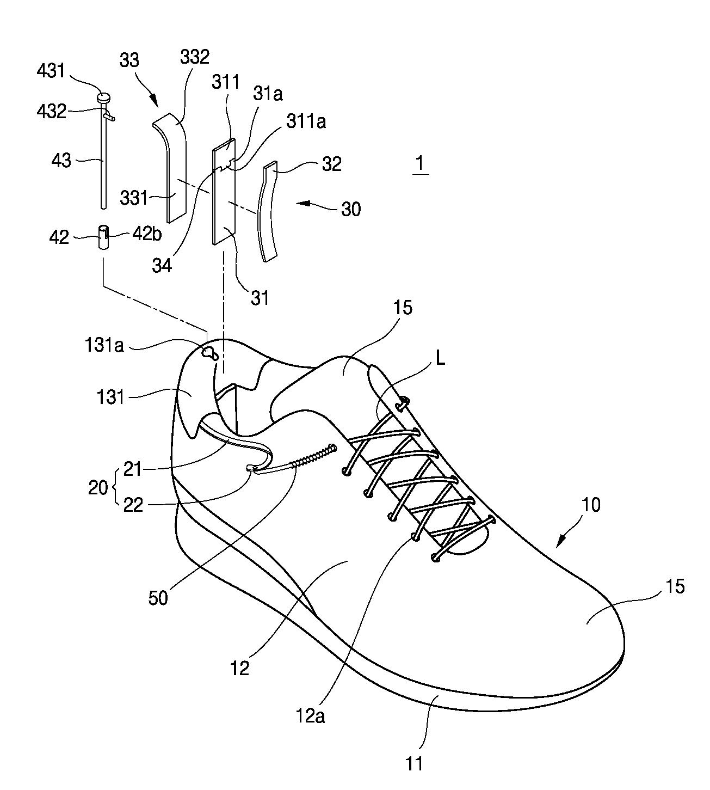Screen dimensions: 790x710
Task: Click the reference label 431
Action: point(51,71)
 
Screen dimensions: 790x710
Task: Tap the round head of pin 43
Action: point(104,99)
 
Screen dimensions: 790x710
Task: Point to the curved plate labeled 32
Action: point(268,212)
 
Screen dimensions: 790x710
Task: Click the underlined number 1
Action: point(419,163)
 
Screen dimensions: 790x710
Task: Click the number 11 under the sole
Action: point(415,763)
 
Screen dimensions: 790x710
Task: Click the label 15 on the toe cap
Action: point(674,587)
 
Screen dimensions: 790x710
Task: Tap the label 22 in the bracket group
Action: point(133,505)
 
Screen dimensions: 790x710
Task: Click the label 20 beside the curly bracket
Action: point(98,488)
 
